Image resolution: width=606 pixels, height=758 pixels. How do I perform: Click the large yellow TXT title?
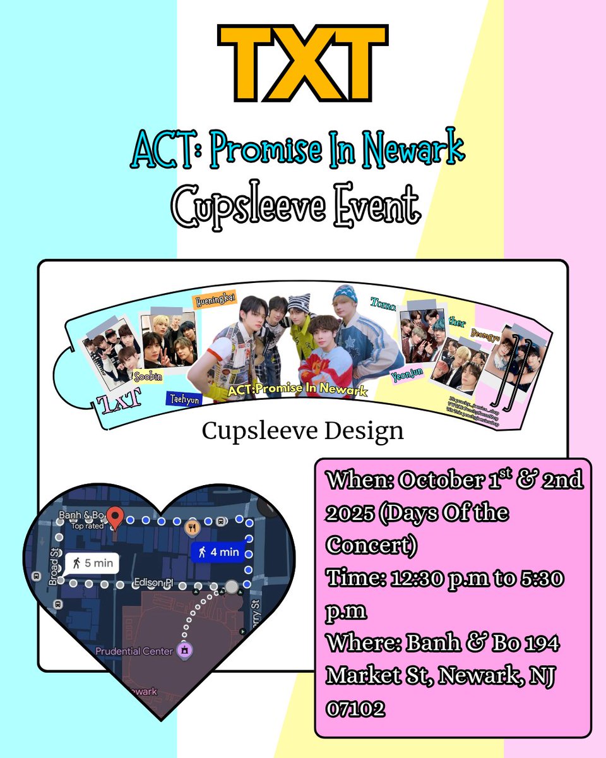(302, 63)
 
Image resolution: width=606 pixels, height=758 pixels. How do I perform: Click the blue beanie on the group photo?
(345, 294)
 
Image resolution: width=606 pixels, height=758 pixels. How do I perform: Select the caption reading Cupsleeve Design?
(302, 431)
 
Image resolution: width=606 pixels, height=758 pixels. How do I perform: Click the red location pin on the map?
(114, 517)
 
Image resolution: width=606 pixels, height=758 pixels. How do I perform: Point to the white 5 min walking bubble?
(91, 562)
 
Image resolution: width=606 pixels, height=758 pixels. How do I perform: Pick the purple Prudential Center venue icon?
(184, 650)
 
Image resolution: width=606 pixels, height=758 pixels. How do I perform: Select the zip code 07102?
(355, 709)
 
